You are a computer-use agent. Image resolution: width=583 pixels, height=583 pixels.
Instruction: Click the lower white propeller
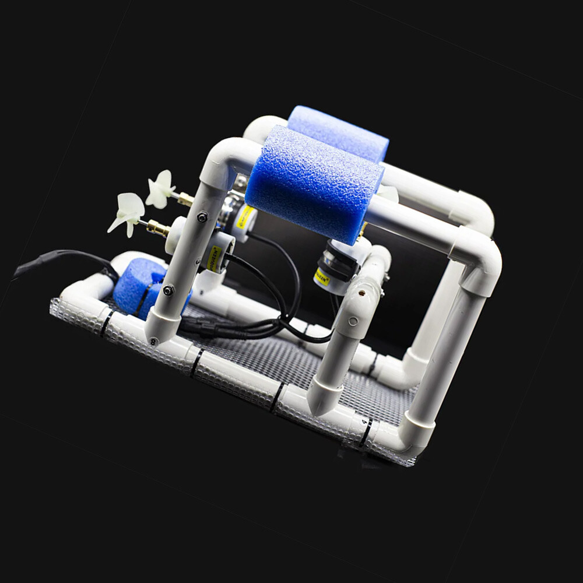[x=127, y=213]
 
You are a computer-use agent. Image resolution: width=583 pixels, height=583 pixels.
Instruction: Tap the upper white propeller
[x=159, y=188]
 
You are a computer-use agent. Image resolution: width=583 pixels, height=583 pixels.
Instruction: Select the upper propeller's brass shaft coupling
[x=185, y=199]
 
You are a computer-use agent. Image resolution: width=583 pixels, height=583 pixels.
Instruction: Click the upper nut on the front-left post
[x=202, y=217]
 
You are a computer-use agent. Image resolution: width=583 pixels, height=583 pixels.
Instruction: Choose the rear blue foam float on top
[x=338, y=132]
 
